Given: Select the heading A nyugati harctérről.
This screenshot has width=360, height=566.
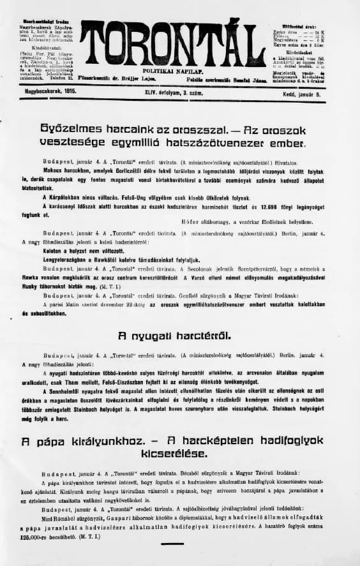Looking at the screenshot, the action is pyautogui.click(x=174, y=335).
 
